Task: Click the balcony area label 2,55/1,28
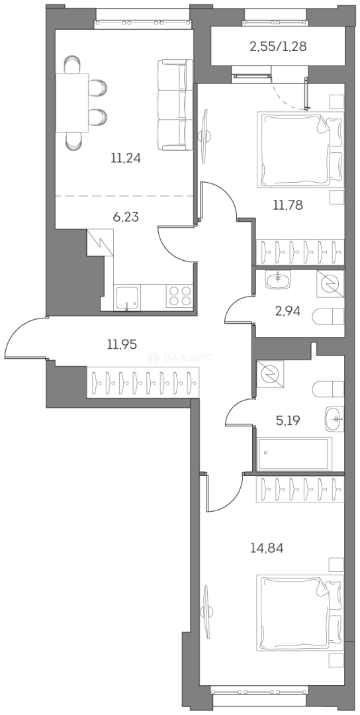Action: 278,46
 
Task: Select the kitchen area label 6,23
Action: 126,216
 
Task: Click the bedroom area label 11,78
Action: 288,205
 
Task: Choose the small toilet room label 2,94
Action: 287,310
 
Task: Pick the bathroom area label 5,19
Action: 287,419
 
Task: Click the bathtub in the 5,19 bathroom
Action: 293,453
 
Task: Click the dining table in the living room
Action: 72,103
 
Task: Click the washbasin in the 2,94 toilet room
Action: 279,280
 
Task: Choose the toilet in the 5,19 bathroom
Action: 328,389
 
